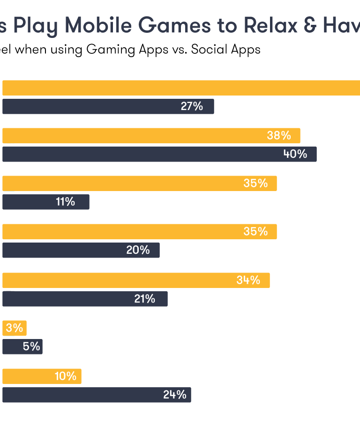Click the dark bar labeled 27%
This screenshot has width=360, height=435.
click(x=108, y=106)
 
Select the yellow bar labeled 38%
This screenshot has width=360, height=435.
click(x=151, y=136)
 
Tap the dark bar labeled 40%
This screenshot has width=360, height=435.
click(x=159, y=154)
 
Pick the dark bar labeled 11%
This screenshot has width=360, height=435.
click(x=45, y=202)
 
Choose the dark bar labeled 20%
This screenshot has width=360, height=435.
click(x=81, y=250)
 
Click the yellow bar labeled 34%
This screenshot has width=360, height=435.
click(x=136, y=280)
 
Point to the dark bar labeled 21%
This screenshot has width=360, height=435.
click(x=85, y=299)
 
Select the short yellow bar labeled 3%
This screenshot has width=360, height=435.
click(x=15, y=328)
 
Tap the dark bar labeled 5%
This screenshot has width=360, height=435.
click(x=22, y=347)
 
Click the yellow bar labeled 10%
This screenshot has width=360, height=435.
click(x=42, y=376)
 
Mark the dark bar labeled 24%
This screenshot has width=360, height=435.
click(x=97, y=395)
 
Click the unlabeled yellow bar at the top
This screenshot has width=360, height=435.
click(x=181, y=88)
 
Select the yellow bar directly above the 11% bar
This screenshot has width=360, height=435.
click(x=140, y=184)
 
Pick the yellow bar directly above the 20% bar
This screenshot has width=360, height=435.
click(x=140, y=232)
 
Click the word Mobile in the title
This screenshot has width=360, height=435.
click(x=97, y=26)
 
